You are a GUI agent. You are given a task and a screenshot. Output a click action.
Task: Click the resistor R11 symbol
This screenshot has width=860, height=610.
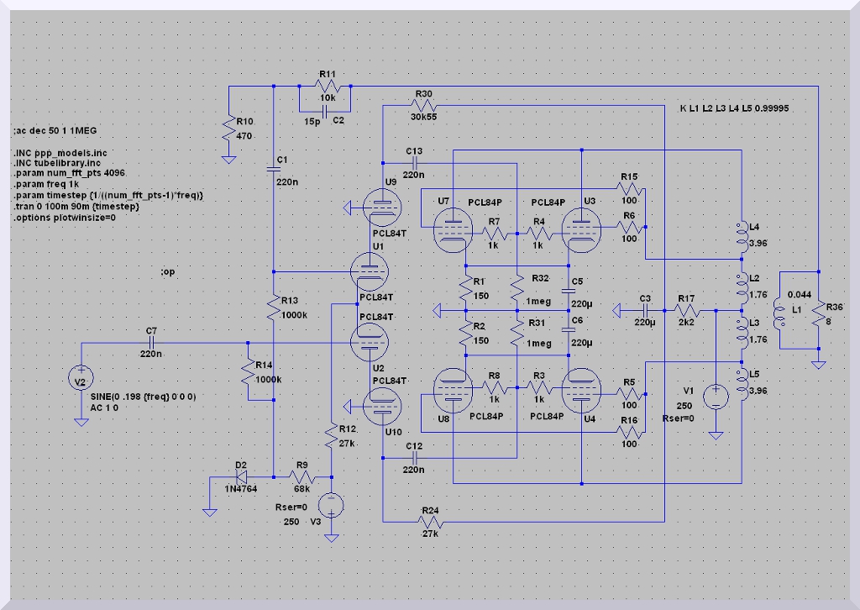[x=328, y=87]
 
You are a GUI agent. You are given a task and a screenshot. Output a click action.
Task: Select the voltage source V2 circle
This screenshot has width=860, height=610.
[x=81, y=381]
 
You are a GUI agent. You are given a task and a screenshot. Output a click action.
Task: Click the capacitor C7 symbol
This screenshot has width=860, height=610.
[x=151, y=343]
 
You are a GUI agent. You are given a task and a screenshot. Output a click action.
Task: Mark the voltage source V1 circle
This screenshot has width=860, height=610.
[x=716, y=396]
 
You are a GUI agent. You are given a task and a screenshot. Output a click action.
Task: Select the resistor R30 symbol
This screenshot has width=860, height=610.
[x=424, y=106]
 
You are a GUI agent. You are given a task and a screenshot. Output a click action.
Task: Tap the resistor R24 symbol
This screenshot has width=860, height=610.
[x=430, y=522]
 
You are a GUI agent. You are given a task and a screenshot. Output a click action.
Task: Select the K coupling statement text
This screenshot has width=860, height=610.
[x=733, y=109]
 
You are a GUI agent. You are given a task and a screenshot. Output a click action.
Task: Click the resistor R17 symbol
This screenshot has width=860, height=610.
[x=687, y=310]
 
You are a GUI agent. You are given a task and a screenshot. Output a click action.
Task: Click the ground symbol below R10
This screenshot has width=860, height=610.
[x=228, y=158]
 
